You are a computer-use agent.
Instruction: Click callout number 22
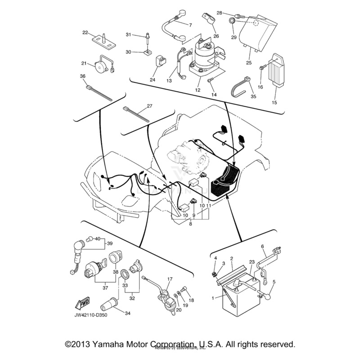click(x=85, y=32)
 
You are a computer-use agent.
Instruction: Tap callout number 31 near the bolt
click(x=128, y=35)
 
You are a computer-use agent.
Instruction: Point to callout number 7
click(x=190, y=25)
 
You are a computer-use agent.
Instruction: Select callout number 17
click(x=169, y=279)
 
